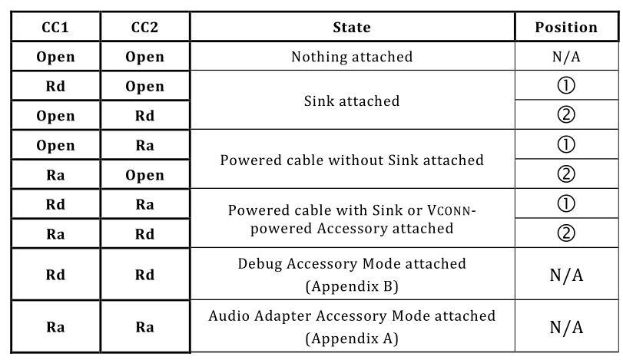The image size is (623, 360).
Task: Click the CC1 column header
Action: click(55, 27)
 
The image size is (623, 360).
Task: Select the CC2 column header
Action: click(144, 27)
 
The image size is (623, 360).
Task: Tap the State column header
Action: click(352, 27)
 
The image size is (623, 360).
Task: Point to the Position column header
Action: click(566, 27)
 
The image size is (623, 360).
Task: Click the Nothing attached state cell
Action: click(352, 57)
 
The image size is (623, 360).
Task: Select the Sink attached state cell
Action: click(352, 100)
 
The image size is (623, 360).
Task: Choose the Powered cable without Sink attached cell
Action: click(352, 160)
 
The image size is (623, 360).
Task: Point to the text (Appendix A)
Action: click(352, 338)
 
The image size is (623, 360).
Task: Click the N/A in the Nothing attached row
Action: click(566, 57)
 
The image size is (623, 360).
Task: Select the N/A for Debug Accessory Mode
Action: click(566, 275)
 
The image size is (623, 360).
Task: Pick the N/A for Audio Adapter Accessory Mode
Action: click(566, 328)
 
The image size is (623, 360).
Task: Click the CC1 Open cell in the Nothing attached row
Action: click(55, 57)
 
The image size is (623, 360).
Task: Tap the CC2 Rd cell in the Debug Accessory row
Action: click(144, 275)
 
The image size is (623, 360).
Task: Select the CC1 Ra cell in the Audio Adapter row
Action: click(55, 328)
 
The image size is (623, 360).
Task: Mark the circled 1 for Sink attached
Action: click(566, 86)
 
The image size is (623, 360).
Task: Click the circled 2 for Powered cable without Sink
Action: click(566, 175)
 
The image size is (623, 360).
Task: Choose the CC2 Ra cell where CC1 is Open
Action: click(144, 145)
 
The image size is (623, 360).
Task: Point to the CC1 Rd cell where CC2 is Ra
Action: click(55, 205)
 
